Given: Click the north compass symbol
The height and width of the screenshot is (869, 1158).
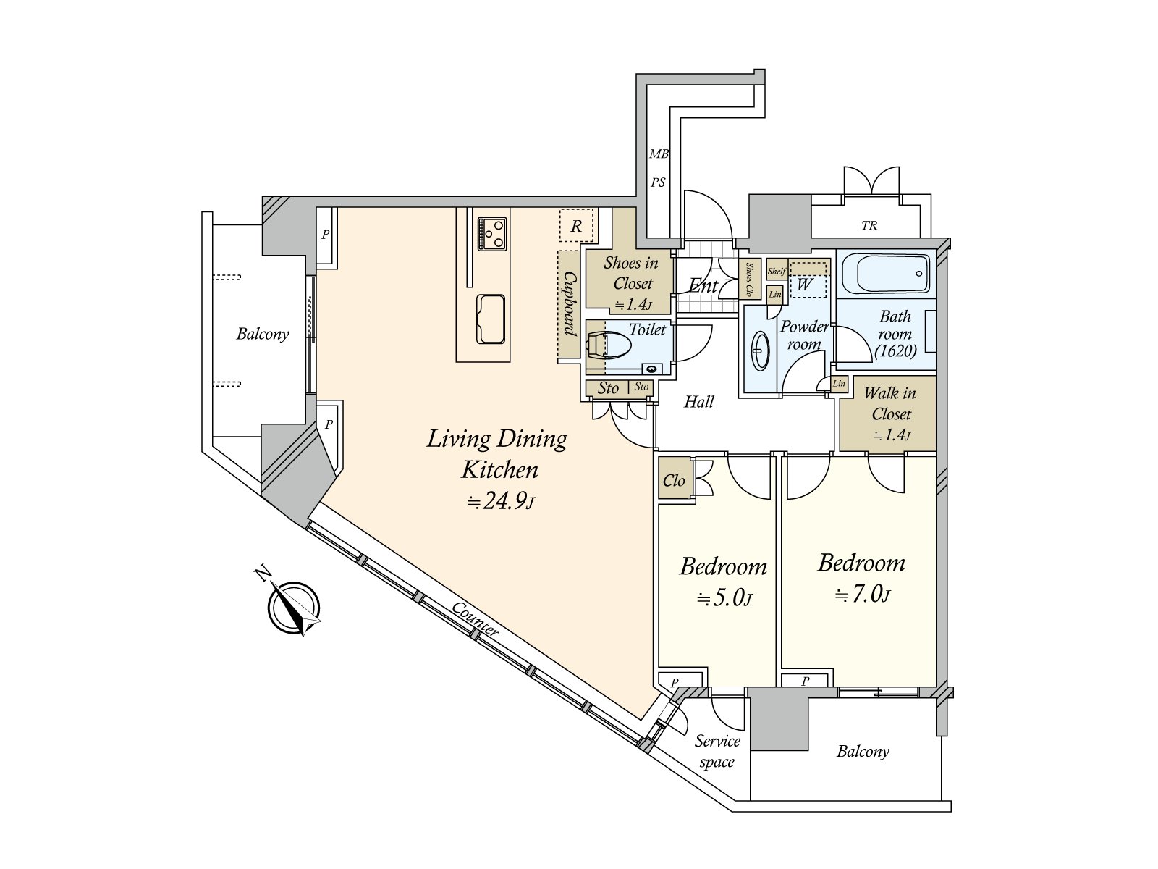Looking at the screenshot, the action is [x=293, y=607].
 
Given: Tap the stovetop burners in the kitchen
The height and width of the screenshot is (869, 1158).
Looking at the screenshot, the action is [x=492, y=233].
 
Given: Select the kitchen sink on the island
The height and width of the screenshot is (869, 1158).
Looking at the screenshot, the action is [x=491, y=319].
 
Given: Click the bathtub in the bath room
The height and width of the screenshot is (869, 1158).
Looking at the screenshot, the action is [x=886, y=273].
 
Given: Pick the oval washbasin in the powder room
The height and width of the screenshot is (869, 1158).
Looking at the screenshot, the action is [x=760, y=350].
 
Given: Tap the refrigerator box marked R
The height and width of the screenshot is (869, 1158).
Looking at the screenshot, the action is [x=576, y=226].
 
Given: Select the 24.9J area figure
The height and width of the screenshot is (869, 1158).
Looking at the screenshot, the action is [x=500, y=501].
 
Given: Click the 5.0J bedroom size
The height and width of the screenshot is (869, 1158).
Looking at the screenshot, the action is [x=724, y=598].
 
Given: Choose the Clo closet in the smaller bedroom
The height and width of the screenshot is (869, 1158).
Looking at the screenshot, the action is [x=675, y=479].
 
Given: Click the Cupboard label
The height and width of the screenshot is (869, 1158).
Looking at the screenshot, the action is [x=570, y=303].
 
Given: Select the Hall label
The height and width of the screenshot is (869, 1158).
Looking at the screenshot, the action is [x=698, y=402].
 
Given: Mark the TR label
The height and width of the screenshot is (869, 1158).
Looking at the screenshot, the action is [x=869, y=226].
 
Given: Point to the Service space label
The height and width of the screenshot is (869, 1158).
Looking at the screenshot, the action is [x=717, y=752].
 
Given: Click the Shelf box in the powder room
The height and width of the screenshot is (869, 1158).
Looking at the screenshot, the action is [x=777, y=272].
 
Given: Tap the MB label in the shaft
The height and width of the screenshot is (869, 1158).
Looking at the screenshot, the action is [x=659, y=154].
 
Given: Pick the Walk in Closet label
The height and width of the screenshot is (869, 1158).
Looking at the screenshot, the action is [x=890, y=413].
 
